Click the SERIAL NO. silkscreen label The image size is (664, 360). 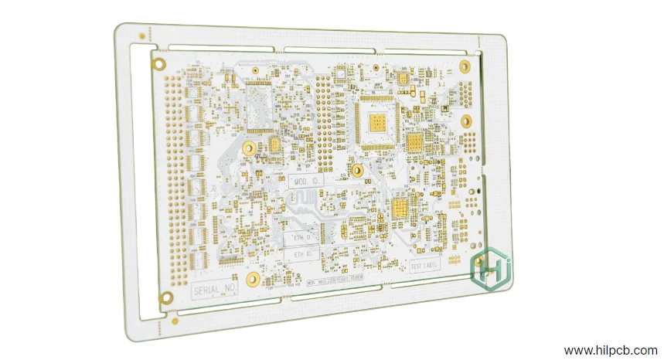click(214, 289)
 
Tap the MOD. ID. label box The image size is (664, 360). click(308, 182)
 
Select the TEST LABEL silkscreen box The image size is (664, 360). click(424, 266)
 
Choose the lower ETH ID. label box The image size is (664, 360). click(302, 253)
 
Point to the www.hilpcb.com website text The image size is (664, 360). click(611, 350)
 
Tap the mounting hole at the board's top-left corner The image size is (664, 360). click(159, 64)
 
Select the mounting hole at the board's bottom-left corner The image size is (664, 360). click(165, 297)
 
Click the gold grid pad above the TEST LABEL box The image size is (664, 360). click(400, 207)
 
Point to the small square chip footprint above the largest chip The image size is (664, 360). click(403, 78)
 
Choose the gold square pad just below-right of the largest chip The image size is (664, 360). click(414, 143)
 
